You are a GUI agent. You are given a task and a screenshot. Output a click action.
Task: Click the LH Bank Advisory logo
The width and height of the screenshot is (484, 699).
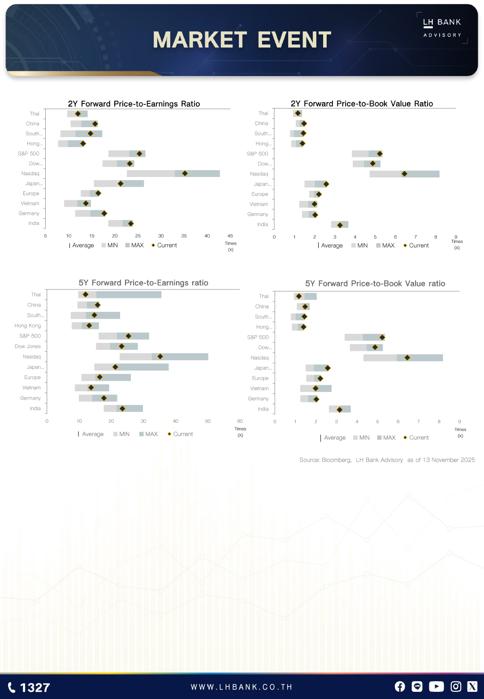[x=442, y=28]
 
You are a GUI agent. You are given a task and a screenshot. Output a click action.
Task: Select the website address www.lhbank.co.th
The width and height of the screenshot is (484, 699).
[x=242, y=687]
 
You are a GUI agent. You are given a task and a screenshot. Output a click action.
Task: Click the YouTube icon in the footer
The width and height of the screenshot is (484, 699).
[x=436, y=686]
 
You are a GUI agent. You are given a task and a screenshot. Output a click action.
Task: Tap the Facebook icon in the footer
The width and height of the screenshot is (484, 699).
[x=400, y=686]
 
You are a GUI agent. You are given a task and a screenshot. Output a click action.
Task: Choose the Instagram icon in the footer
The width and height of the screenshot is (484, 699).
[x=456, y=686]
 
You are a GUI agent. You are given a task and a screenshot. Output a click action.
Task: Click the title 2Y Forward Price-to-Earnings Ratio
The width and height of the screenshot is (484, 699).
[x=134, y=104]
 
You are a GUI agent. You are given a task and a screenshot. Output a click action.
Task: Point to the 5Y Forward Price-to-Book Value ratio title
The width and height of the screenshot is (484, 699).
[x=375, y=284]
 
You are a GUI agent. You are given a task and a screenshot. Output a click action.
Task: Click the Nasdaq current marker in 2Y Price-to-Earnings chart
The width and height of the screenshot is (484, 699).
[x=185, y=173]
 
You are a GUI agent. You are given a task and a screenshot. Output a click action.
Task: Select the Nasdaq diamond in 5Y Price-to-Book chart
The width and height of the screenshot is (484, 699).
[x=407, y=358]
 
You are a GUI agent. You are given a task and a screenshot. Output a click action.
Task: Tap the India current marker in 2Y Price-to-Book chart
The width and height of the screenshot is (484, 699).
[x=340, y=225]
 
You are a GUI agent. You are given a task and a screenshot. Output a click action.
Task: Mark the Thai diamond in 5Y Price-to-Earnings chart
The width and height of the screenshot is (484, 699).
[x=86, y=294]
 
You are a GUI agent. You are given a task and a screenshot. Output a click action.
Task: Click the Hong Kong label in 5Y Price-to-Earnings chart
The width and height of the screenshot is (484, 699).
[x=28, y=326]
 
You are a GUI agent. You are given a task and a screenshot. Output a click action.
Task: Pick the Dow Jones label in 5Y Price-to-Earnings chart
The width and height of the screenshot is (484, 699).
[x=28, y=346]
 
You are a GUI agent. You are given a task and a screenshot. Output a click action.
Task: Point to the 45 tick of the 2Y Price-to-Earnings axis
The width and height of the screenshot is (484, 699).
[x=230, y=236]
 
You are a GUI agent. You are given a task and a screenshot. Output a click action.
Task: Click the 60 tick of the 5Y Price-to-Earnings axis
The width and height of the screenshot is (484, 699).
[x=240, y=421]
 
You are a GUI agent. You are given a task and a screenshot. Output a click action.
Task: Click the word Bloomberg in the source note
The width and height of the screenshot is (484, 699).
[x=336, y=460]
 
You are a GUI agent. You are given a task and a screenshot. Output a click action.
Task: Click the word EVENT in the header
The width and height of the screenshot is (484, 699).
[x=294, y=40]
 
